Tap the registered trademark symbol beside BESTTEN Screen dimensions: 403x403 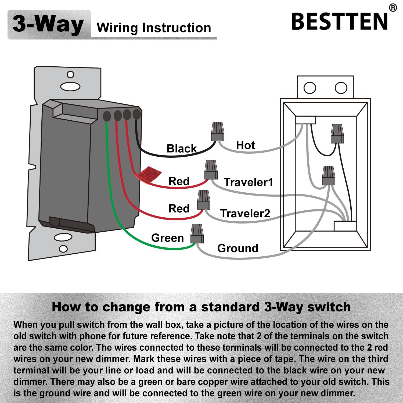(393, 8)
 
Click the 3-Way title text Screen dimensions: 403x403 (48, 24)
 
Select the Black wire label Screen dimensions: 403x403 (182, 149)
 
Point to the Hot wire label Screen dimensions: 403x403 (245, 145)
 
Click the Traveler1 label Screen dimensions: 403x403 (248, 182)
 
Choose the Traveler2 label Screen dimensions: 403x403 (245, 213)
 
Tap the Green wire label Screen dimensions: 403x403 (167, 238)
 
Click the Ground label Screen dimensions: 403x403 (238, 248)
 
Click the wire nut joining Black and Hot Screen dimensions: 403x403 (218, 131)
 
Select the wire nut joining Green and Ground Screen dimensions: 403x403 (197, 233)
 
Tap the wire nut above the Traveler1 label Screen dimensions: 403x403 (211, 170)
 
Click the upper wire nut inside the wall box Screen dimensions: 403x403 (337, 133)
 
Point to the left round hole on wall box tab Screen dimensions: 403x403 (310, 88)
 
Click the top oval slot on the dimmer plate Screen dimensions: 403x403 (70, 87)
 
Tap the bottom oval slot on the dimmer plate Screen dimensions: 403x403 (63, 238)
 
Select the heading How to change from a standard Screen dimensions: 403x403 (201, 307)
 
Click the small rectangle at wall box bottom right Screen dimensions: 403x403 (345, 226)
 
